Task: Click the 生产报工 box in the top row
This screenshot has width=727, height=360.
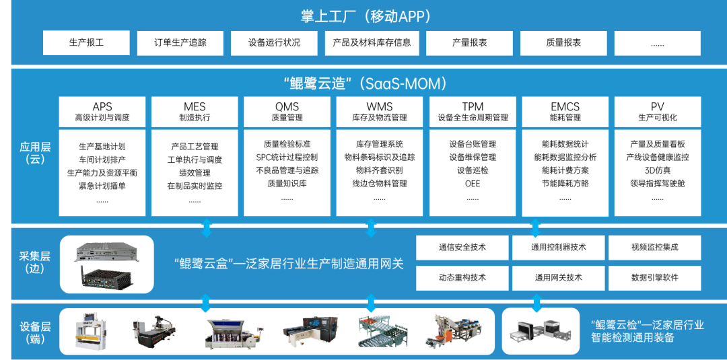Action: (x=86, y=43)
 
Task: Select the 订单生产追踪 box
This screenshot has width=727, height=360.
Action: (x=180, y=43)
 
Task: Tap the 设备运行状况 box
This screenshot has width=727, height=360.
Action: (x=274, y=43)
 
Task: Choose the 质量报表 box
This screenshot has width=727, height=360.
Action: (x=563, y=43)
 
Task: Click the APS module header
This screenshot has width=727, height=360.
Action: (x=102, y=112)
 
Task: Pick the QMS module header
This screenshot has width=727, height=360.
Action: (x=287, y=112)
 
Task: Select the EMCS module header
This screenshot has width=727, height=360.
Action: (x=565, y=112)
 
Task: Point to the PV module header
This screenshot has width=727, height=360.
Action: (x=657, y=112)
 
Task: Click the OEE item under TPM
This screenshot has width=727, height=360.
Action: (x=472, y=183)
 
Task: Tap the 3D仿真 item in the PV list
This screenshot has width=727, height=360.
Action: (x=657, y=170)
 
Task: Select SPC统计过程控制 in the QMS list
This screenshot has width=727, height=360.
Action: (x=287, y=157)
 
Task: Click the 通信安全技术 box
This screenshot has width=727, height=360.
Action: (x=462, y=248)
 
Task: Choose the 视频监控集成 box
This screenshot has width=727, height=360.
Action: (x=654, y=248)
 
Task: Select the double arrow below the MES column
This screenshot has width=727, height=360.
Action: (x=207, y=228)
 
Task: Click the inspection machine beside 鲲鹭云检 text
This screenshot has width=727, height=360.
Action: (x=541, y=331)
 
